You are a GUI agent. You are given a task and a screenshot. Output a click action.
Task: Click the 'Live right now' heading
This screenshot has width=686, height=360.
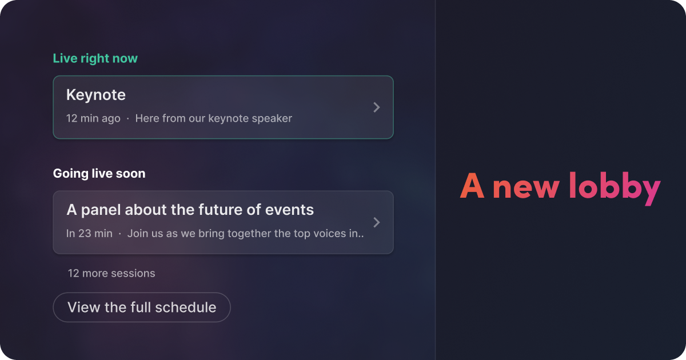tap(95, 58)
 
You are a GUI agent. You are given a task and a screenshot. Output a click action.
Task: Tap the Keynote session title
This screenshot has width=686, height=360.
tap(96, 95)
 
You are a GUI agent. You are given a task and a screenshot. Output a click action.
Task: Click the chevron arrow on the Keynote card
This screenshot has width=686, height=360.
tap(377, 107)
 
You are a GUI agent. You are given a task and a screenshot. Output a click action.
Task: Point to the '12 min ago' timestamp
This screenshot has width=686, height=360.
tap(93, 118)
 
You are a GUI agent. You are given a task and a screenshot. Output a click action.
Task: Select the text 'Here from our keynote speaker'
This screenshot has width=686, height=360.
tap(213, 118)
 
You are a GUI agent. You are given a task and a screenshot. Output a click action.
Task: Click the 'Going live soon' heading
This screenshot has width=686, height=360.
tap(99, 174)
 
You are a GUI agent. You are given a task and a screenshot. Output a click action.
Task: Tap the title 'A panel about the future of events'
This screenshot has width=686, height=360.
tap(190, 210)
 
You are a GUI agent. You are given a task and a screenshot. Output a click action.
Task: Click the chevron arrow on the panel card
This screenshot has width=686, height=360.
tap(377, 222)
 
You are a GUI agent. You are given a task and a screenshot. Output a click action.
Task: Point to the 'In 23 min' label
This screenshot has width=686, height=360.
tap(89, 234)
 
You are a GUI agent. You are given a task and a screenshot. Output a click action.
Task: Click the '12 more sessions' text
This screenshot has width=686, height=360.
tap(111, 273)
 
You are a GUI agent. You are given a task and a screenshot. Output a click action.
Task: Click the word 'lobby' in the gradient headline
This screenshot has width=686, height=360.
tap(615, 187)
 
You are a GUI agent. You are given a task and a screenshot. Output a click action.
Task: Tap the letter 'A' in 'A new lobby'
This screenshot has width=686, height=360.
tap(472, 186)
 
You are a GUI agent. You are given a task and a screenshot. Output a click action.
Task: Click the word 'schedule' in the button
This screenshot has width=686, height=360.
tap(186, 307)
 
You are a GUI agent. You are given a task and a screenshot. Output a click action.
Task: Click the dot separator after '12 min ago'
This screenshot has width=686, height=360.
tap(127, 118)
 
